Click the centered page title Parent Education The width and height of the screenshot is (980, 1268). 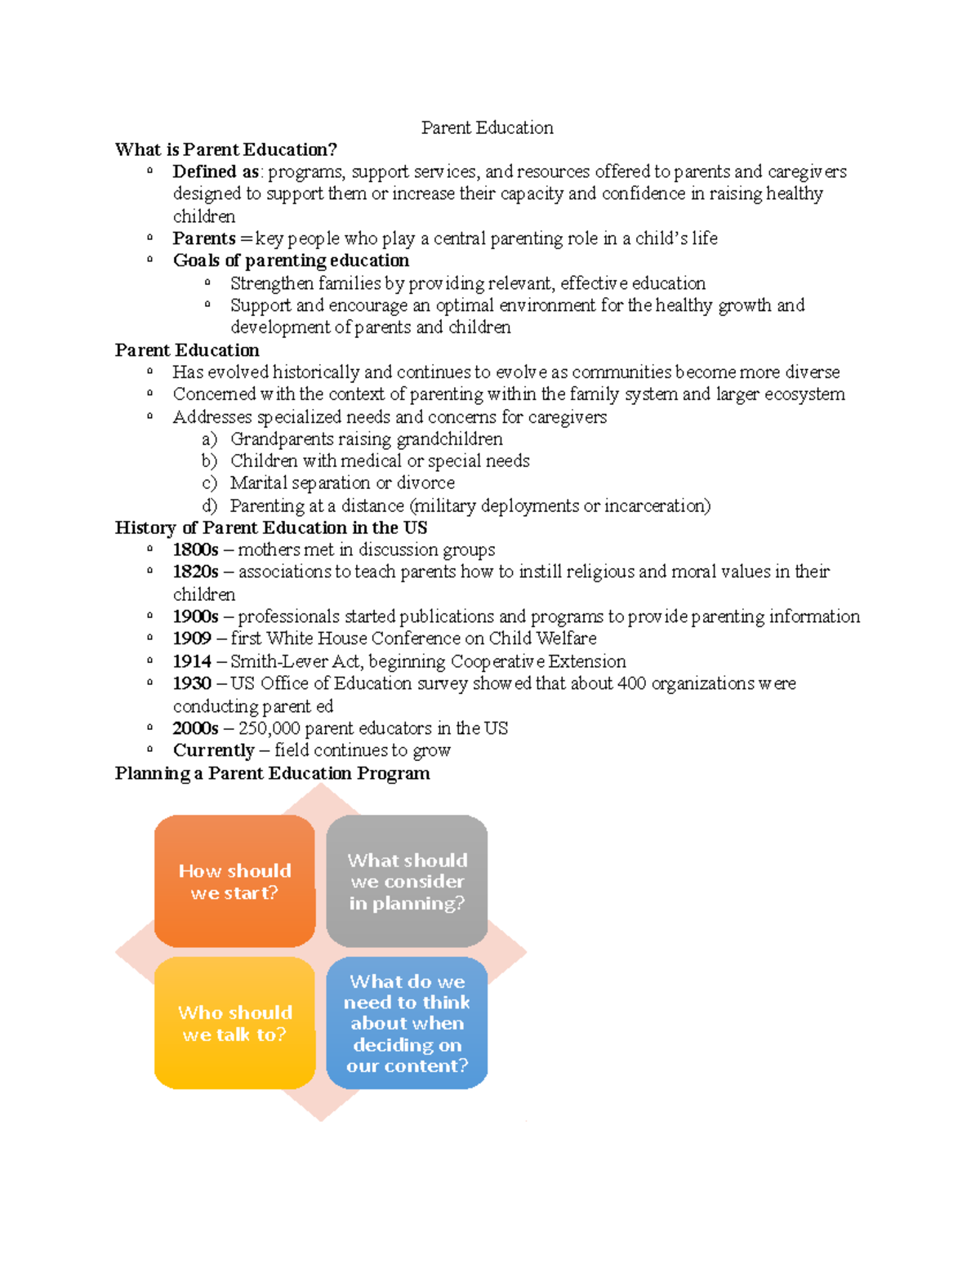pyautogui.click(x=487, y=127)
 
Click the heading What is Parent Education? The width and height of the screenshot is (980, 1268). pyautogui.click(x=225, y=149)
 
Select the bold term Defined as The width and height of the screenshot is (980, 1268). pyautogui.click(x=216, y=171)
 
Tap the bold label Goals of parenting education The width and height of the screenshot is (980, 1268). pyautogui.click(x=291, y=260)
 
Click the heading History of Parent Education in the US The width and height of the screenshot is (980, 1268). pyautogui.click(x=270, y=527)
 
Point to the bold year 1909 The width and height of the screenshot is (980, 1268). pyautogui.click(x=192, y=638)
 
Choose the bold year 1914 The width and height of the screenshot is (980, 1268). pyautogui.click(x=192, y=661)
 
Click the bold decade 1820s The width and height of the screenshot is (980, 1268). pyautogui.click(x=195, y=572)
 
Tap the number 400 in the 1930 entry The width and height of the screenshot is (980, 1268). pyautogui.click(x=631, y=683)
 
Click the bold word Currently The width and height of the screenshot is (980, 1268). pyautogui.click(x=213, y=750)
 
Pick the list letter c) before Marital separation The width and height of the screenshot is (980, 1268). pyautogui.click(x=209, y=483)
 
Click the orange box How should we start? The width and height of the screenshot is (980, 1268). pyautogui.click(x=235, y=881)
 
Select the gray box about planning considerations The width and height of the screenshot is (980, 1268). pyautogui.click(x=407, y=881)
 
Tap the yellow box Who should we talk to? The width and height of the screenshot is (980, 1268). pyautogui.click(x=235, y=1023)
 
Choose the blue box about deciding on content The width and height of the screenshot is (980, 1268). pyautogui.click(x=407, y=1023)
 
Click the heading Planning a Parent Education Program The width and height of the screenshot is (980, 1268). pyautogui.click(x=272, y=773)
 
